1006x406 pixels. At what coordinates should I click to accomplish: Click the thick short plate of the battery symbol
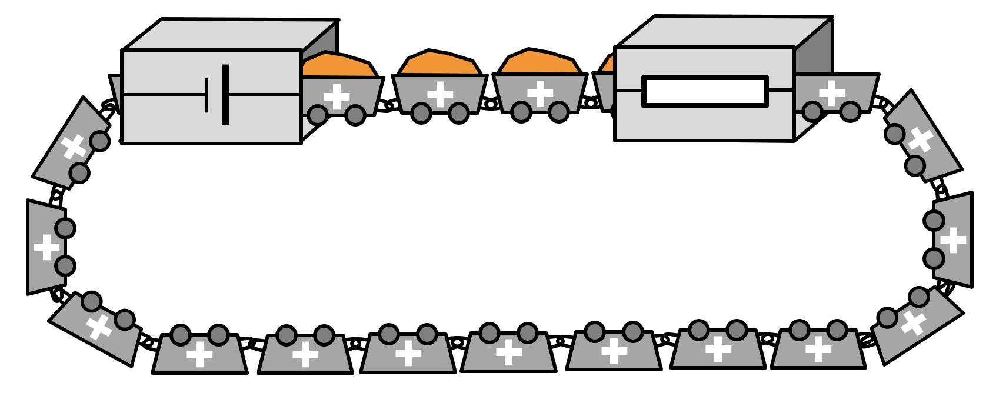coord(225,95)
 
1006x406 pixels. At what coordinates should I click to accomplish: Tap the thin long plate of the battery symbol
coord(206,95)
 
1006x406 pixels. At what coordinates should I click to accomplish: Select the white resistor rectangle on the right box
coord(705,92)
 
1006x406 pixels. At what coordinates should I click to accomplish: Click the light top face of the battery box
coord(229,34)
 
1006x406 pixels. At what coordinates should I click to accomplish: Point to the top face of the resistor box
coord(724,31)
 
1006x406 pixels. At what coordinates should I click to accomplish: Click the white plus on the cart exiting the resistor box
coord(831,92)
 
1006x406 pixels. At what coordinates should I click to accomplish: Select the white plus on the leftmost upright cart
coord(46,247)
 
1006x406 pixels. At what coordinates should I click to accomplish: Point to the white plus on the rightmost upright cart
coord(953,240)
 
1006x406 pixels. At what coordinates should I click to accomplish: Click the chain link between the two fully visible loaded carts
coord(489,104)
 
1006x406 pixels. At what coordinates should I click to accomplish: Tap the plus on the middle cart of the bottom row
coord(509,352)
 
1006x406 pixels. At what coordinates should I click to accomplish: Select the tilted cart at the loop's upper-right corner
coord(924,138)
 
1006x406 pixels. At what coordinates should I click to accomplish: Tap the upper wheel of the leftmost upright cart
coord(65,228)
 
